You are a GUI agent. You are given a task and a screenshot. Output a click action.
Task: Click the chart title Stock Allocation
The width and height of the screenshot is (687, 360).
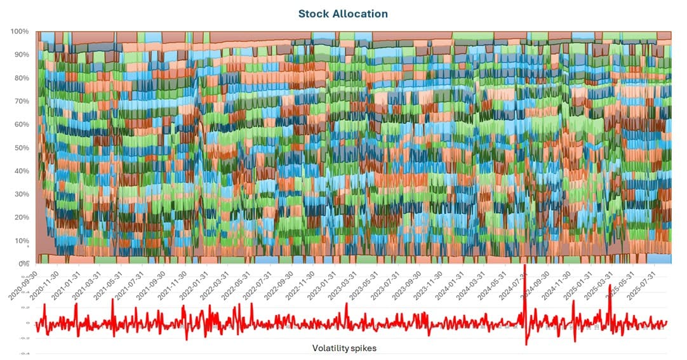[343, 13]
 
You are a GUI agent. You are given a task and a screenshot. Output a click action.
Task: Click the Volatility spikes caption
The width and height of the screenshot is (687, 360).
[344, 348]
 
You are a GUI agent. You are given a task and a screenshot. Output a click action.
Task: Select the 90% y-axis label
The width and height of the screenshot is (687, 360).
[20, 55]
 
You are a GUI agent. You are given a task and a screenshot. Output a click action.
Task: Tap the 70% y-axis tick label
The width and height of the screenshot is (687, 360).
[20, 101]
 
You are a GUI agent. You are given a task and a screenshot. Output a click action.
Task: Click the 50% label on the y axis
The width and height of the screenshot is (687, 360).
[20, 148]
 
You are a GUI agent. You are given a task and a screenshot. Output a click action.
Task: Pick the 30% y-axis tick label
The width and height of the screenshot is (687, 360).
[20, 194]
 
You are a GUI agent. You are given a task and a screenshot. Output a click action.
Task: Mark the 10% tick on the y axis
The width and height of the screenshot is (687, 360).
[20, 241]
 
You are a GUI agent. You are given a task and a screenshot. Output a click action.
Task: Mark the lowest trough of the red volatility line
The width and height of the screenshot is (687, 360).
[526, 344]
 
